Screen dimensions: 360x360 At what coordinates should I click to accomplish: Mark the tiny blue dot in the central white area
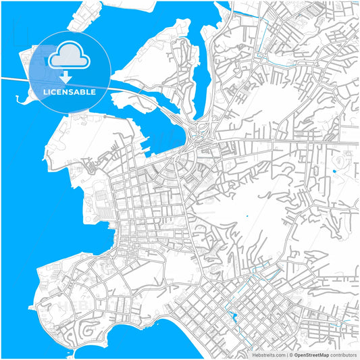click(247, 216)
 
